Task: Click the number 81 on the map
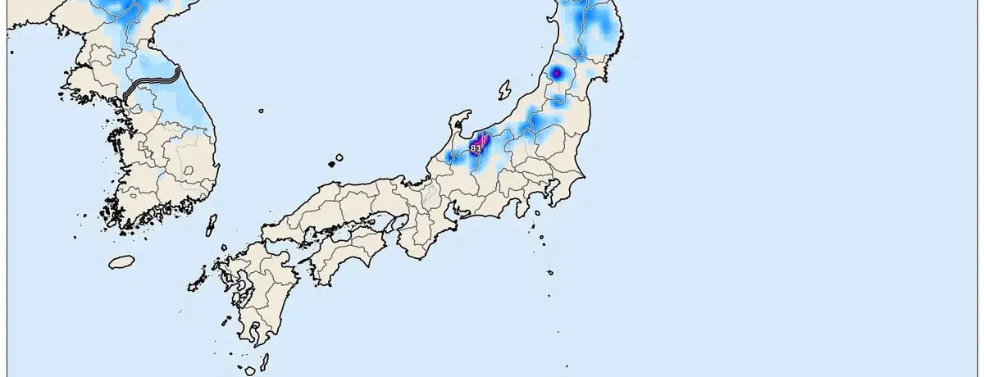[x=476, y=148]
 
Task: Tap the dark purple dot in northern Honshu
[x=557, y=73]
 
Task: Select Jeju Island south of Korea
[x=121, y=261]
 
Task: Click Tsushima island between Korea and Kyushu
[x=211, y=225]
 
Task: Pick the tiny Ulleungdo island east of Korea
[x=261, y=111]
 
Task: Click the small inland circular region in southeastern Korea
[x=189, y=170]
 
